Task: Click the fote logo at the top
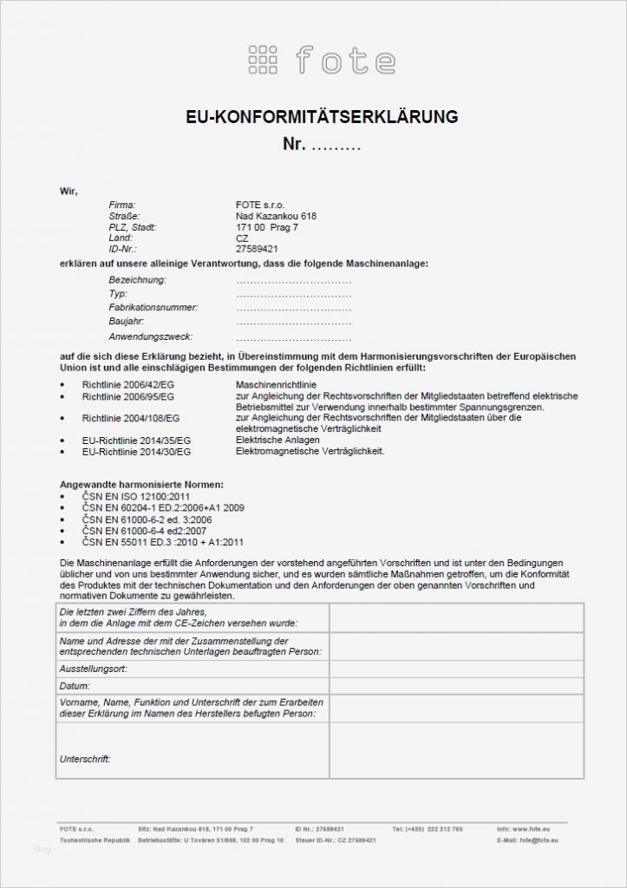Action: (x=322, y=60)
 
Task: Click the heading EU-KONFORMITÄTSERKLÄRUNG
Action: (x=322, y=116)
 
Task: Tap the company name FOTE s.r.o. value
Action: (x=260, y=205)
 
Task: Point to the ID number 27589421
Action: (x=258, y=248)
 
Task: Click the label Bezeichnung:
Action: (x=138, y=280)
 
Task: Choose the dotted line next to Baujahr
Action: (x=293, y=322)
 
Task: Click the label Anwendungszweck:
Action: (x=151, y=336)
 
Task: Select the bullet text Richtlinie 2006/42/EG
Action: (x=128, y=384)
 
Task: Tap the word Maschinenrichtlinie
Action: (x=276, y=384)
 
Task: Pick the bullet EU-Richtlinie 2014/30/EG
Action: (x=136, y=452)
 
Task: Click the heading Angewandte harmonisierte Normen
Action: (x=141, y=483)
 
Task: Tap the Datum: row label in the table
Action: (x=75, y=685)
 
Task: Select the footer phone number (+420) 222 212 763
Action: (x=427, y=829)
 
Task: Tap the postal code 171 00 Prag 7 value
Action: (x=266, y=226)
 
